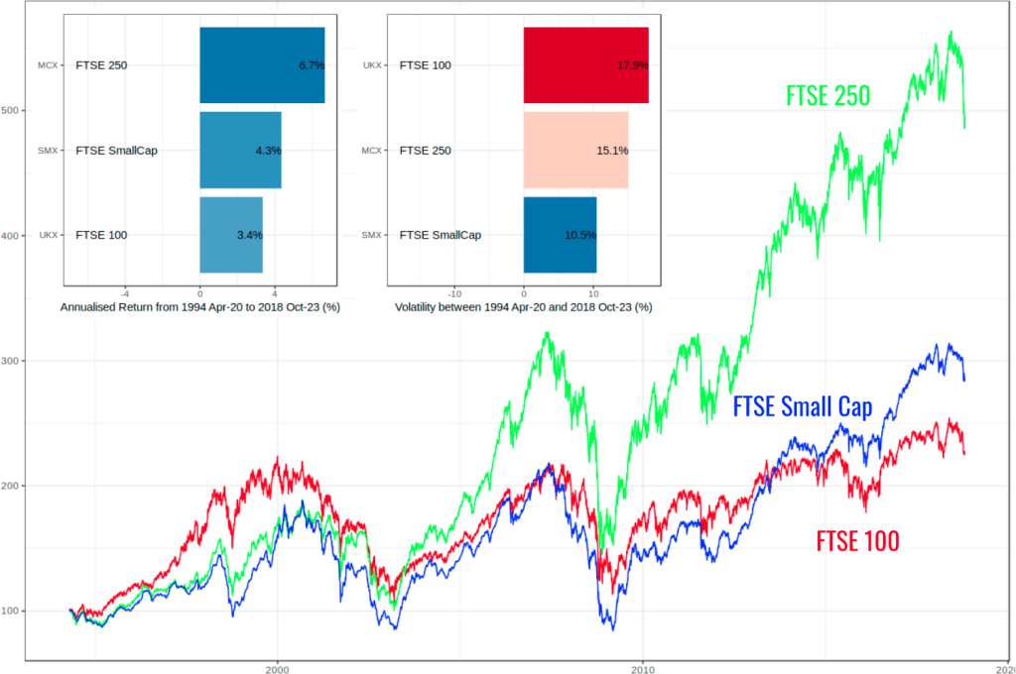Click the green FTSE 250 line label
click(827, 96)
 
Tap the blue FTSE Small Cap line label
click(802, 407)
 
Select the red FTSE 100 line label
click(857, 541)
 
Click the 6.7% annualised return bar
click(262, 65)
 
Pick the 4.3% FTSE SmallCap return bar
click(240, 151)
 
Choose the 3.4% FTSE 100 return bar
click(231, 235)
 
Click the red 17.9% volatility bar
click(585, 65)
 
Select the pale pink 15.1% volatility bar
click(575, 151)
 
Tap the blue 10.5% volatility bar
click(560, 235)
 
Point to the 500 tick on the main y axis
click(12, 111)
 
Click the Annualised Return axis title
click(200, 307)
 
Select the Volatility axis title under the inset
click(523, 307)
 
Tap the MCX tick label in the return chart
click(48, 66)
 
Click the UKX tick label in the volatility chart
click(372, 66)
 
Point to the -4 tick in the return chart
click(125, 293)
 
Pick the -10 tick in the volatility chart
click(453, 293)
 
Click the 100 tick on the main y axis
click(12, 612)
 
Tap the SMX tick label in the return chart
click(48, 151)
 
